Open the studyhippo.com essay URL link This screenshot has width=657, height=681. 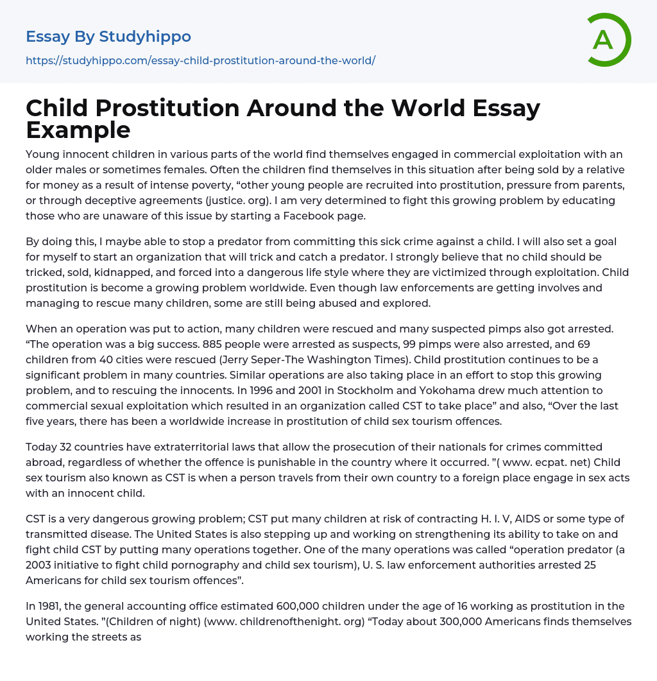click(x=200, y=60)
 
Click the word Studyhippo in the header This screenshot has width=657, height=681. click(x=145, y=37)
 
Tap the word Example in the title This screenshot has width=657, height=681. click(x=78, y=130)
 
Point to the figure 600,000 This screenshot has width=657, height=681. click(x=303, y=606)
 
